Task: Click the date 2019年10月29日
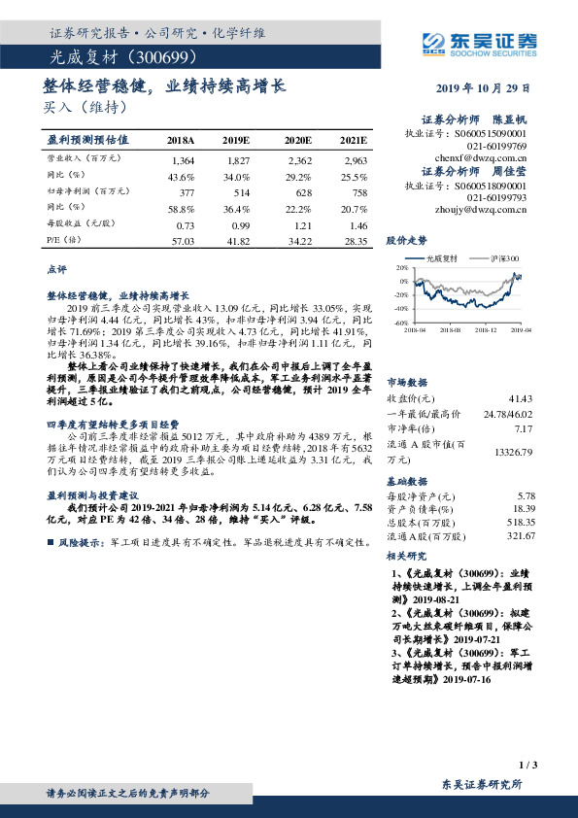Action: [x=490, y=86]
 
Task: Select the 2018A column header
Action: [x=181, y=140]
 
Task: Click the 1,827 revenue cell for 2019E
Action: [x=237, y=159]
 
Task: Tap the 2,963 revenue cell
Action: [x=355, y=159]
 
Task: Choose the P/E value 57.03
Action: [x=183, y=240]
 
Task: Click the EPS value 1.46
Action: [x=357, y=223]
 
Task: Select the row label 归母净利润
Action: [x=71, y=192]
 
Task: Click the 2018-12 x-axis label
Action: [x=485, y=330]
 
